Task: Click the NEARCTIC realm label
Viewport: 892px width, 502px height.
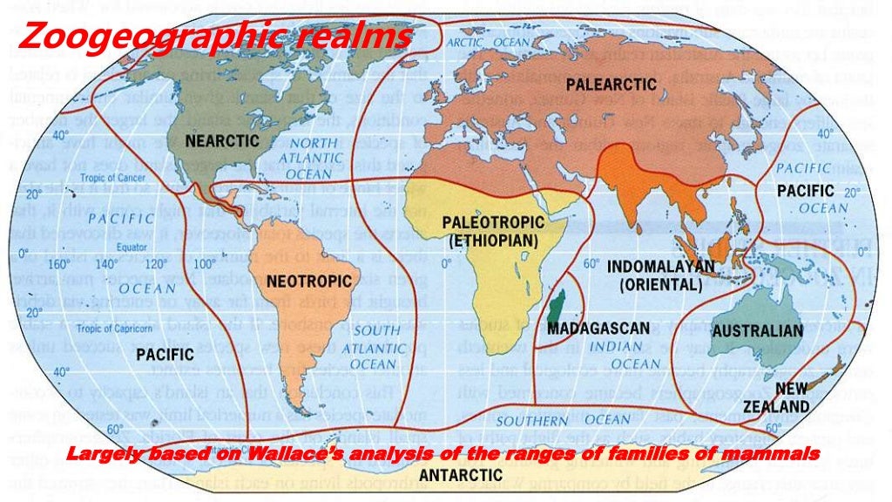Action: click(222, 140)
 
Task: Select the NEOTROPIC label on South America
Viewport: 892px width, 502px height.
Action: click(309, 282)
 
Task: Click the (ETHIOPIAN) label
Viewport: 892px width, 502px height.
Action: click(493, 239)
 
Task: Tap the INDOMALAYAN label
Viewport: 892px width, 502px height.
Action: click(661, 266)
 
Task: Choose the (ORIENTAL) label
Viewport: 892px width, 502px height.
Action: click(662, 284)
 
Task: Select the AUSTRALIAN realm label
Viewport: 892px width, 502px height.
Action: click(757, 331)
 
